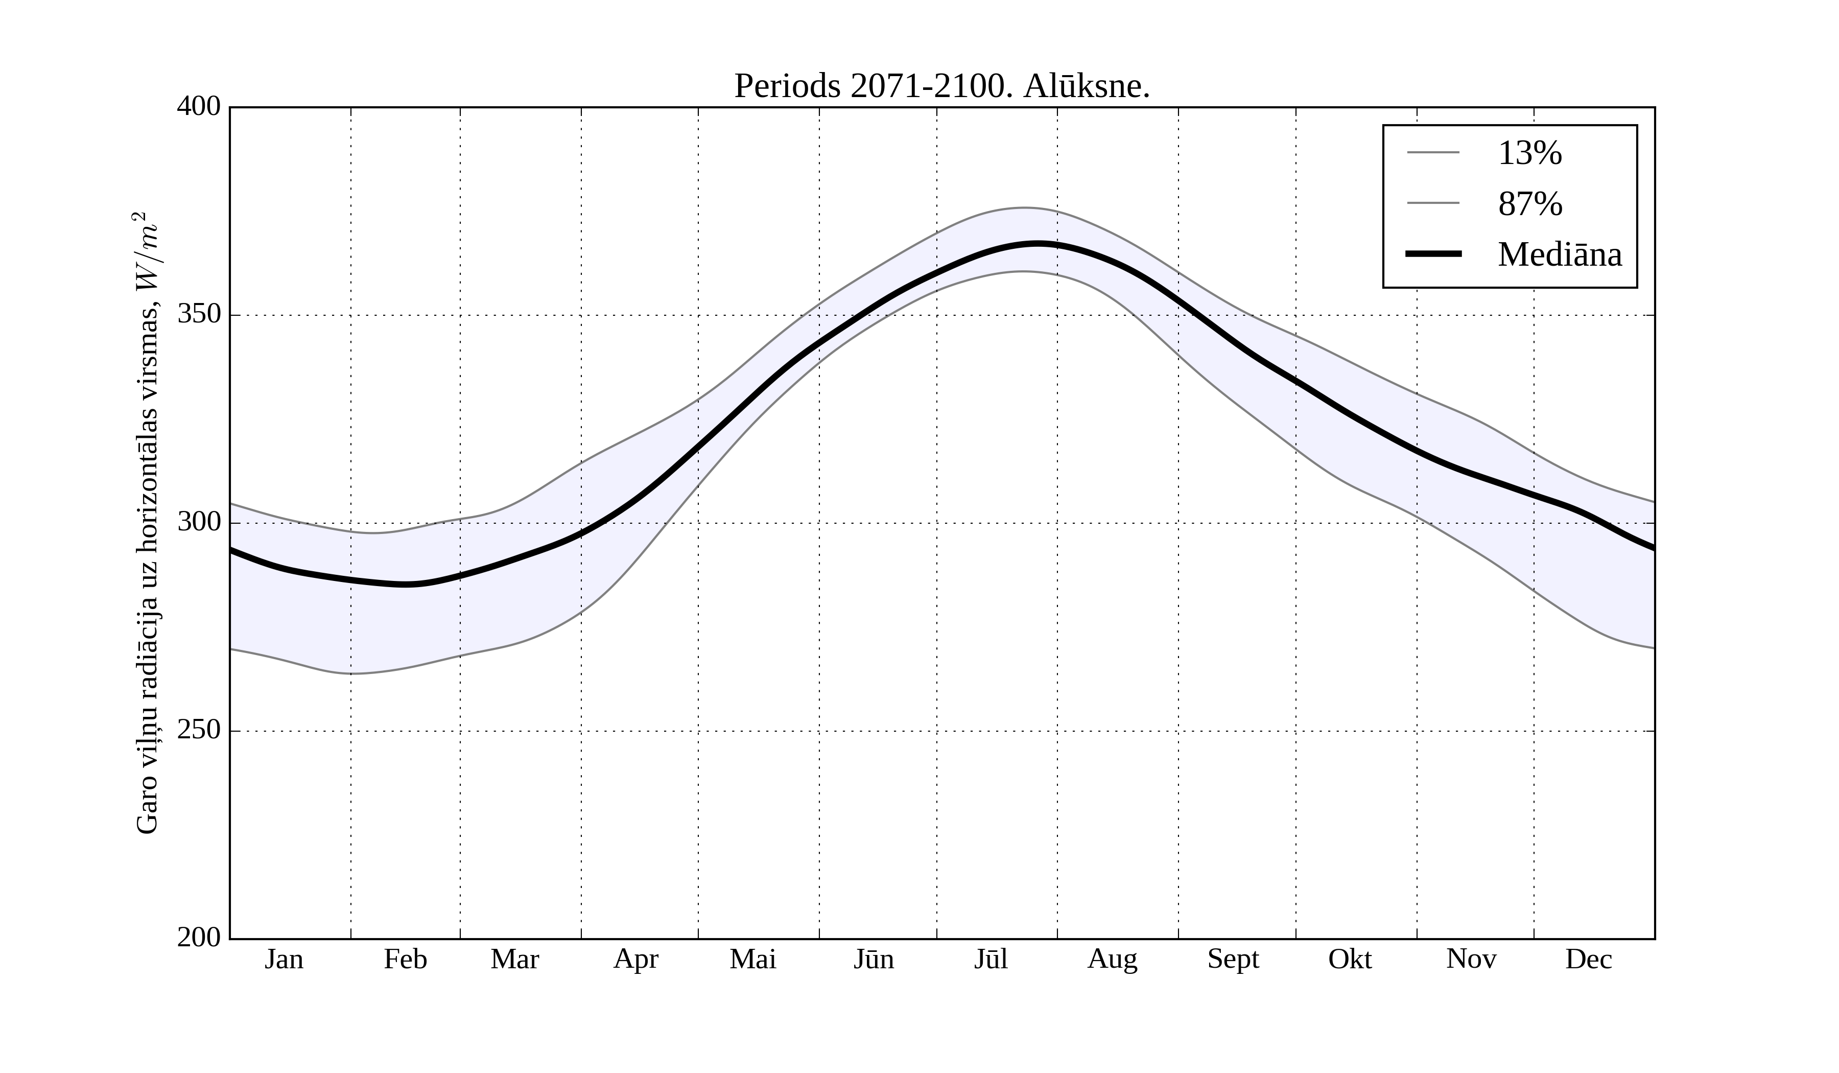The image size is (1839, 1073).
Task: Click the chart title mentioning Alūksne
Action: tap(941, 87)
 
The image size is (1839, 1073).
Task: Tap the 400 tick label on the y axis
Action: tap(199, 107)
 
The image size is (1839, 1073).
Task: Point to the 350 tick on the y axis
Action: tap(199, 315)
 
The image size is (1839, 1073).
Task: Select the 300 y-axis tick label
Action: tap(199, 523)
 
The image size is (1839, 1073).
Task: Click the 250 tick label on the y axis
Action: tap(199, 730)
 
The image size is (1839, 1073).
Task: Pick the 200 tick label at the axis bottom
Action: tap(199, 938)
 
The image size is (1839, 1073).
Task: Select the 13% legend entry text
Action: tap(1529, 153)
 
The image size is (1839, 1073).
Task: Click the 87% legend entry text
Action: tap(1529, 204)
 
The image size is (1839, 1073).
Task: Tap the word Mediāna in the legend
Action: tap(1560, 255)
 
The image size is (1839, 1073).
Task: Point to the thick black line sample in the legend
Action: tap(1433, 254)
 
